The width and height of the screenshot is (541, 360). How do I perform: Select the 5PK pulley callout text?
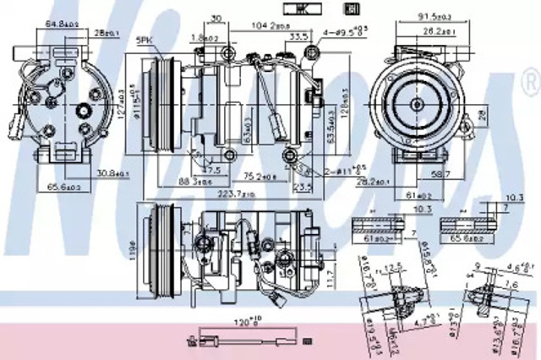coord(143,40)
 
